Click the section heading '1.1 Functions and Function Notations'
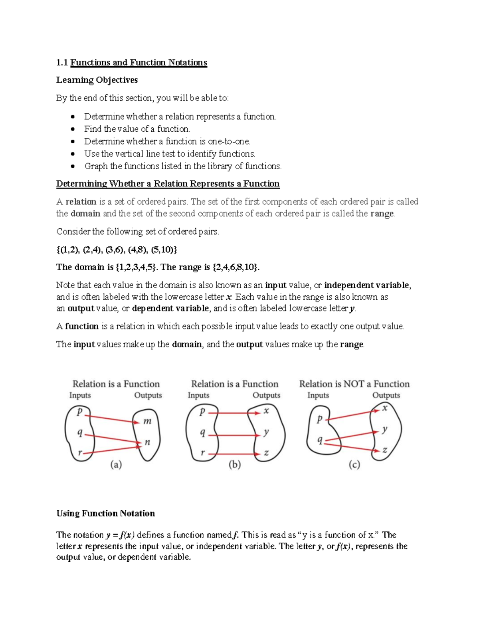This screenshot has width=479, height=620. coord(131,63)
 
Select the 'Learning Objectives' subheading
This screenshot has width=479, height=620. coord(97,80)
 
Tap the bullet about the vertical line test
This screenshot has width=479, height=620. coord(169,154)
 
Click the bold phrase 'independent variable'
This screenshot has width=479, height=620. coord(366,285)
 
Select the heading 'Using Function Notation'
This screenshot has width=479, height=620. coord(105,513)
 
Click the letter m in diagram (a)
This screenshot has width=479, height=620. coord(147,421)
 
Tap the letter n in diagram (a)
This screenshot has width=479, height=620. coord(147,442)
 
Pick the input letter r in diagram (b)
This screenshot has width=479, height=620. coord(202,453)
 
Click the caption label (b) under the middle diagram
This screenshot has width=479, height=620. coord(234,465)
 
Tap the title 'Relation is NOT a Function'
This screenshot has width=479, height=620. coord(354,384)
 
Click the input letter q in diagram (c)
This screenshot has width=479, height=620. coord(319,440)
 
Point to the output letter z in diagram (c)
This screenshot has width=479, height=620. coord(385,450)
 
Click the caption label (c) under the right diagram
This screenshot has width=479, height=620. coord(354,465)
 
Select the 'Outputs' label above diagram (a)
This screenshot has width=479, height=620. coord(148,395)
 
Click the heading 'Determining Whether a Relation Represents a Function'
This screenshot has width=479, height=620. coord(168,184)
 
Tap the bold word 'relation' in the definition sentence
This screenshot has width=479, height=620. coord(81,202)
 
